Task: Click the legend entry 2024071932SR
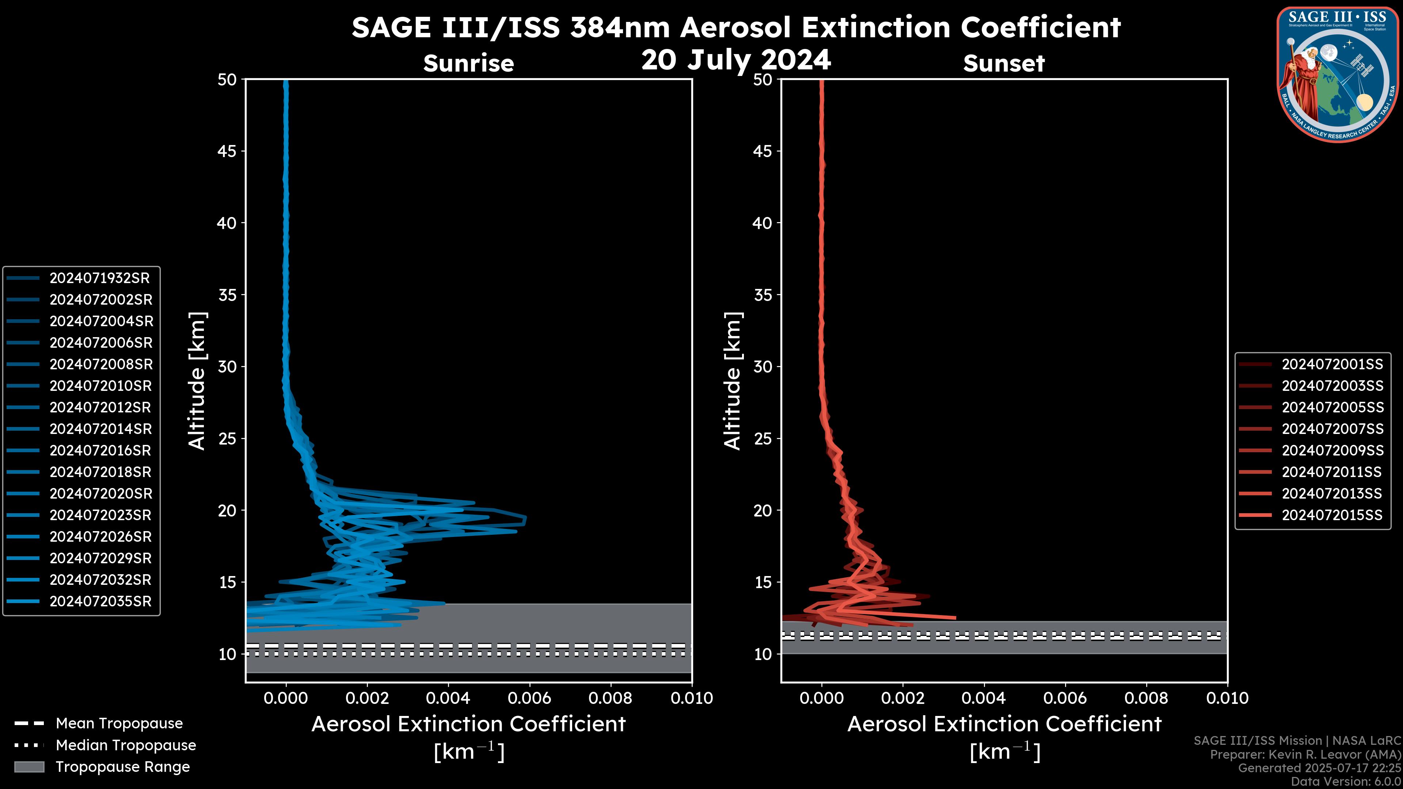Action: click(x=99, y=278)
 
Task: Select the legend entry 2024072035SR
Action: click(x=100, y=602)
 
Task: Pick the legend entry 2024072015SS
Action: click(x=1332, y=515)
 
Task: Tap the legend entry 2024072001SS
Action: click(x=1332, y=364)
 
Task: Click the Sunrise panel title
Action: click(x=468, y=63)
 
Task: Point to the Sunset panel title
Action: click(x=1004, y=63)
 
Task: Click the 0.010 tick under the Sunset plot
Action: click(x=1227, y=698)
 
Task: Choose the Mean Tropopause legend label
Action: click(x=119, y=724)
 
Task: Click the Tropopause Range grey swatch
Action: click(x=29, y=767)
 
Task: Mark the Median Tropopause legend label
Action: click(x=126, y=746)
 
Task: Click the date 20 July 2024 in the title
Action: click(x=736, y=60)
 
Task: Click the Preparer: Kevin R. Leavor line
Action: click(x=1305, y=755)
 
